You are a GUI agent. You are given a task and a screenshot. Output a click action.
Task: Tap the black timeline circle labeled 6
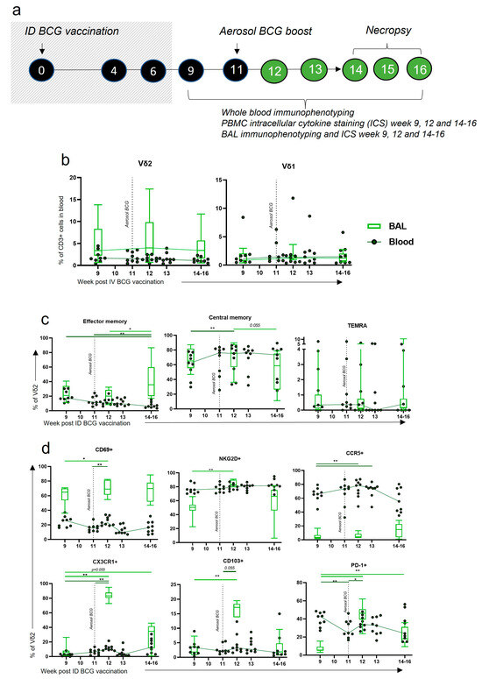[152, 68]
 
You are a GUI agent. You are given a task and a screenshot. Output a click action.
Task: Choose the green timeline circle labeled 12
[273, 70]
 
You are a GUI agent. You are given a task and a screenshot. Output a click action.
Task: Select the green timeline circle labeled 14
[358, 70]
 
